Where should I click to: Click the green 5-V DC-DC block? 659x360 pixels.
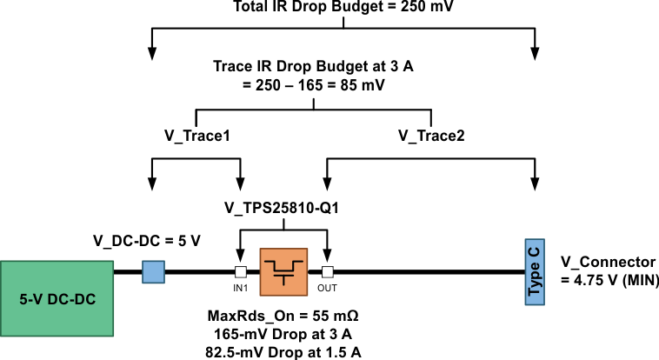pyautogui.click(x=57, y=298)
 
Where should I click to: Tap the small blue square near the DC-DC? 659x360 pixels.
pyautogui.click(x=153, y=271)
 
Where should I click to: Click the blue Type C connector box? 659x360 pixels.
pyautogui.click(x=534, y=271)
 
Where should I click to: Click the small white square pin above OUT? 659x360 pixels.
pyautogui.click(x=327, y=271)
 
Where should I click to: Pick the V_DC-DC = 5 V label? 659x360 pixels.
pyautogui.click(x=147, y=239)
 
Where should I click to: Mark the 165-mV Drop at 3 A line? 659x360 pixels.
pyautogui.click(x=283, y=333)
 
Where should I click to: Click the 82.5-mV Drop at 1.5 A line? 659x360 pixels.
pyautogui.click(x=283, y=351)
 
